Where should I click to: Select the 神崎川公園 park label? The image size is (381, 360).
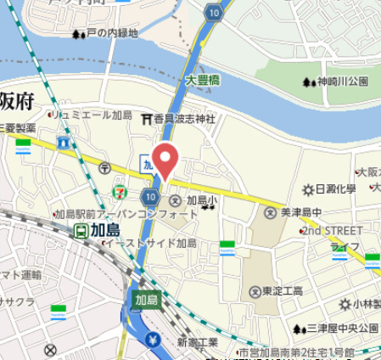(x=342, y=82)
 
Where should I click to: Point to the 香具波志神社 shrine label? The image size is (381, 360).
(x=185, y=119)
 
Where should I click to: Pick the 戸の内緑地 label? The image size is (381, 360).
(x=111, y=34)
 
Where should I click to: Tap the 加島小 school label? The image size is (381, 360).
(x=201, y=201)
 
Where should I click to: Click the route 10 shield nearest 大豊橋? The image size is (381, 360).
(x=212, y=13)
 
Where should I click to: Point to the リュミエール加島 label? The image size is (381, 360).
(x=93, y=114)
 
